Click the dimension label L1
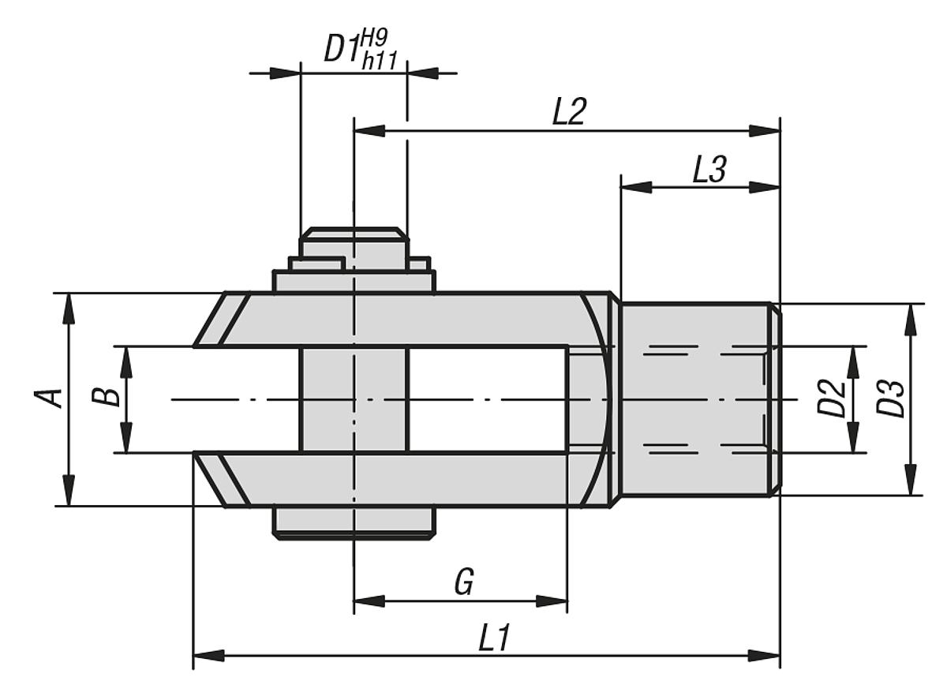494,639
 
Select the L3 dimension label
709,170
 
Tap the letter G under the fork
464,584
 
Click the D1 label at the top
342,50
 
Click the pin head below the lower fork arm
354,522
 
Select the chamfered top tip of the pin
354,234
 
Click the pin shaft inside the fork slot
354,399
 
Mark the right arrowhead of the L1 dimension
765,656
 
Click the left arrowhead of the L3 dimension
636,187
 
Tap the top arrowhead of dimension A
69,307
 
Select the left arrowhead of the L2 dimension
369,130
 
